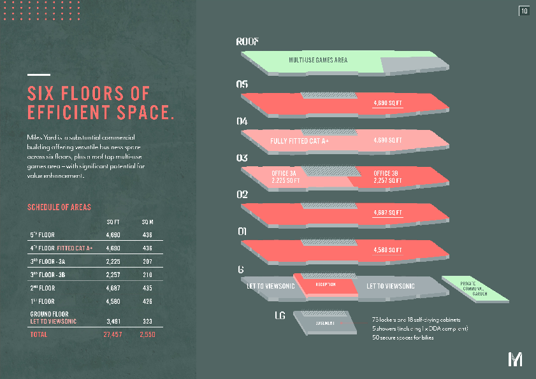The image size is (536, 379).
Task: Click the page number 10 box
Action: click(525, 11)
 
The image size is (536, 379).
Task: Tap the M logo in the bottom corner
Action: click(515, 359)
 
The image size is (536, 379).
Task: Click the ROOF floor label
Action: click(247, 42)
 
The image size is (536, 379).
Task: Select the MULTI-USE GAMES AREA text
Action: click(317, 61)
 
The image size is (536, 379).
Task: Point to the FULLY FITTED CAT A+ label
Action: click(300, 141)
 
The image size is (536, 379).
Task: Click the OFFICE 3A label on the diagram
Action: click(284, 173)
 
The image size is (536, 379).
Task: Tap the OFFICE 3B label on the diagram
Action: click(386, 173)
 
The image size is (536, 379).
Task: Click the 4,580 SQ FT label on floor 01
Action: click(388, 250)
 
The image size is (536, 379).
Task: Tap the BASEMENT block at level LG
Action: click(326, 323)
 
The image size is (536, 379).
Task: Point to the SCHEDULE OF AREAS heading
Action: click(59, 208)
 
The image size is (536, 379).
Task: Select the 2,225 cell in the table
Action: click(112, 262)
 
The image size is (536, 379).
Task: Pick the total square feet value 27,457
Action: click(112, 334)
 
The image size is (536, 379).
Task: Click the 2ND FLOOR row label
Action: click(43, 288)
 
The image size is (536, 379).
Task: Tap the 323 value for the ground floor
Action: click(147, 322)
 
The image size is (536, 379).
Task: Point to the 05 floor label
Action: click(242, 84)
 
